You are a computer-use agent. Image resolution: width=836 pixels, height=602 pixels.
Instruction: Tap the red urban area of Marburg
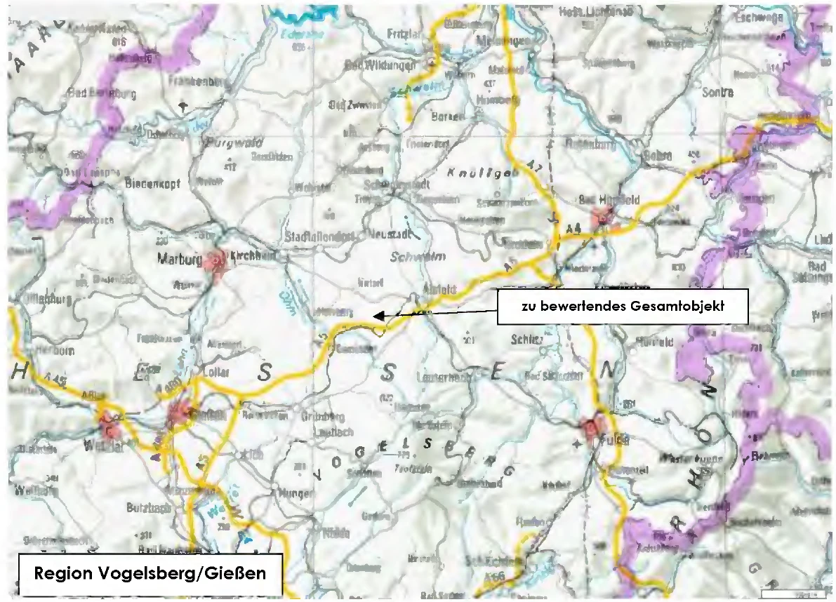tap(214, 263)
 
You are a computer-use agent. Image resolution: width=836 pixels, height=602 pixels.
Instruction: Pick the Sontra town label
tap(716, 93)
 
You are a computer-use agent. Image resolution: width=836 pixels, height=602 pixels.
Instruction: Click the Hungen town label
tap(296, 494)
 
